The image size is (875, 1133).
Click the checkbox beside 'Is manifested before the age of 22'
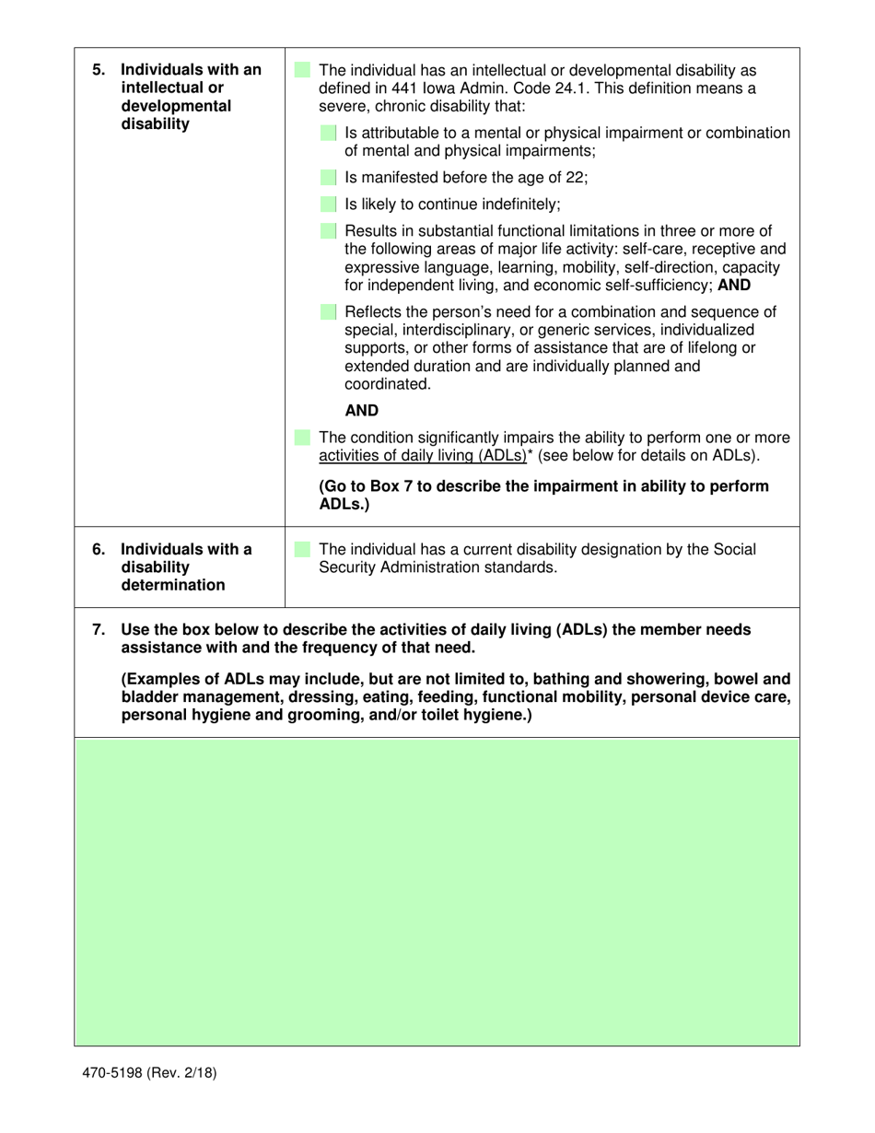click(329, 178)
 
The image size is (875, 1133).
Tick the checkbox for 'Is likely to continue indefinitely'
click(329, 204)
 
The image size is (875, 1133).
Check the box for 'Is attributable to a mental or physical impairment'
click(329, 134)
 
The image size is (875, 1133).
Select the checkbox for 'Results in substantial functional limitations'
click(329, 231)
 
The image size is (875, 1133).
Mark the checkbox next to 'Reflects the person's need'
click(329, 312)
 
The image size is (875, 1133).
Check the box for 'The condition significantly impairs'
click(302, 438)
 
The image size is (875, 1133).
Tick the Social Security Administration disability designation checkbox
click(302, 550)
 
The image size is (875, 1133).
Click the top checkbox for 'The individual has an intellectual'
click(302, 70)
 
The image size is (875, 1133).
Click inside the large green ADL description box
click(437, 891)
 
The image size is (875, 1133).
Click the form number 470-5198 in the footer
click(114, 1072)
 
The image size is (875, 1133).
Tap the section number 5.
click(99, 70)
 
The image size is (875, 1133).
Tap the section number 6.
click(99, 550)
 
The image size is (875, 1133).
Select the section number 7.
click(99, 630)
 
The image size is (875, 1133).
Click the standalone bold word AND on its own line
click(361, 411)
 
